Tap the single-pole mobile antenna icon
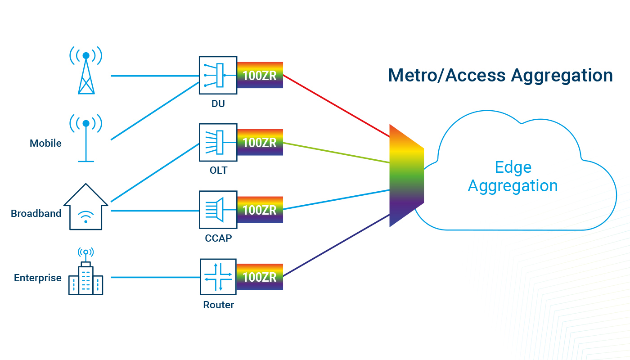[x=86, y=137]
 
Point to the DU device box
[x=218, y=75]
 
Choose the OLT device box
[x=218, y=143]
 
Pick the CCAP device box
[x=218, y=210]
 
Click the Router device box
[x=218, y=277]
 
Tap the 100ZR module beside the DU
[x=260, y=75]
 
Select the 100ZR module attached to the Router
[x=260, y=277]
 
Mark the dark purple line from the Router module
[x=335, y=245]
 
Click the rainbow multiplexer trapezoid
[x=406, y=175]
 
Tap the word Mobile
[x=45, y=144]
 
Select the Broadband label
[x=36, y=213]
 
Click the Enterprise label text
[x=38, y=278]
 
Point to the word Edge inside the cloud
[x=513, y=167]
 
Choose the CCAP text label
[x=218, y=238]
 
